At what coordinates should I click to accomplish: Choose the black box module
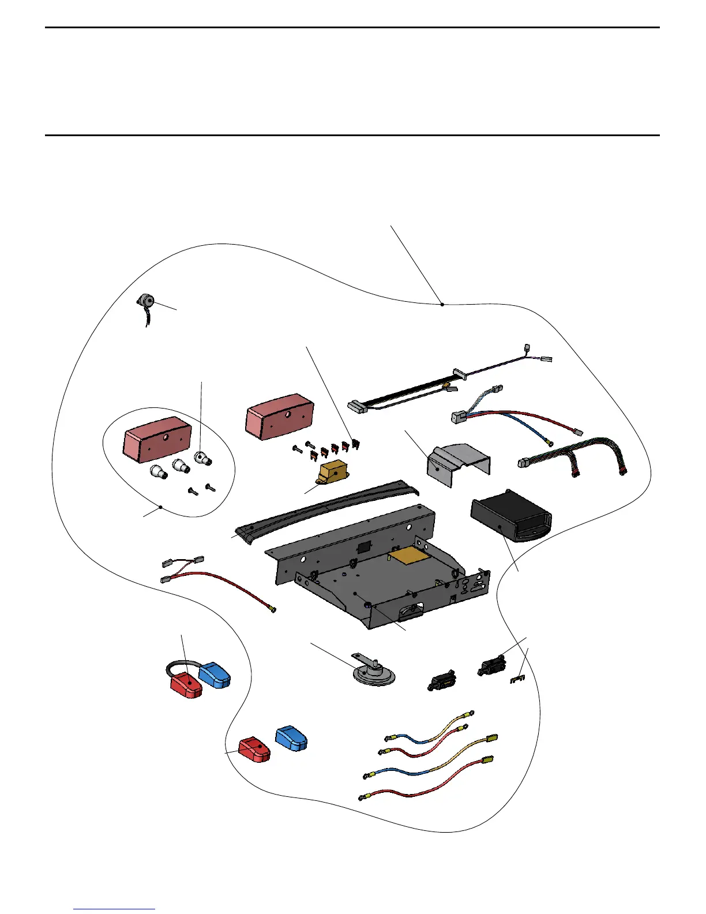(508, 519)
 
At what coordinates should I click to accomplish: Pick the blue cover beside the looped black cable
(215, 675)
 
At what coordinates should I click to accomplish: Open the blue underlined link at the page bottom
(114, 909)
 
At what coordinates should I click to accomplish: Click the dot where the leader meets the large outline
(442, 304)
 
